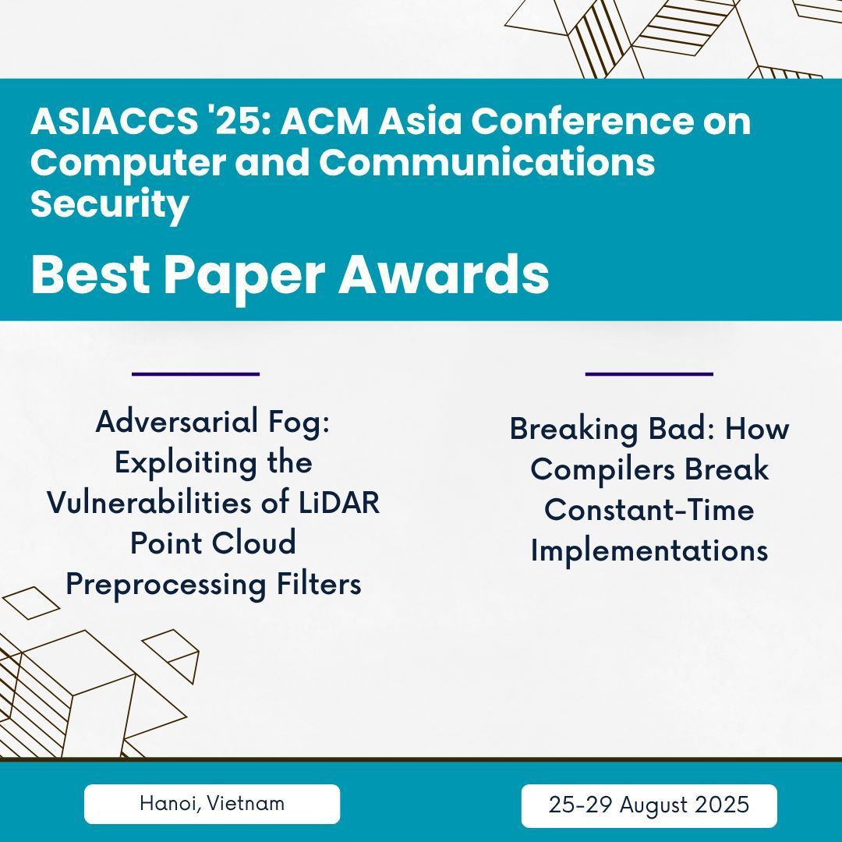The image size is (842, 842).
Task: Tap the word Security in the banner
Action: click(109, 204)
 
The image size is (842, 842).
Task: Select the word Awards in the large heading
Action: click(444, 275)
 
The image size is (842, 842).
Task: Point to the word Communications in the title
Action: click(487, 163)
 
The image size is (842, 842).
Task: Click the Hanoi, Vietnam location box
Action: click(212, 804)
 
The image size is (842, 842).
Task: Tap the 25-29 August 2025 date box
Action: click(649, 805)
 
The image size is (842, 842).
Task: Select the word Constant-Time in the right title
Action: click(649, 511)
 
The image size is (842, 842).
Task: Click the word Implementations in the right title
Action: click(649, 551)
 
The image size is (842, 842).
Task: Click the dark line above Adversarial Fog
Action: click(196, 374)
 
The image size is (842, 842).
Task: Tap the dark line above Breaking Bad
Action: click(649, 374)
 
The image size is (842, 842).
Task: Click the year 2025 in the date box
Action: click(723, 805)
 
